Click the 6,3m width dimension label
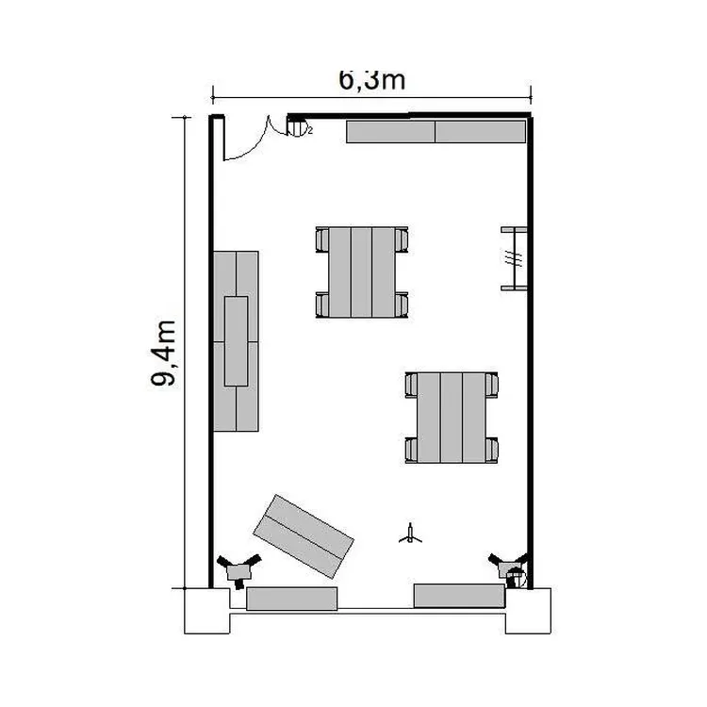[372, 80]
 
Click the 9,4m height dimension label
[163, 353]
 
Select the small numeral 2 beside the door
[310, 131]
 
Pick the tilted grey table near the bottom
[304, 536]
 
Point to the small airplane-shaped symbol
[410, 534]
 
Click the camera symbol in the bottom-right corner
[510, 570]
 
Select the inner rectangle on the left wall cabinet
[237, 341]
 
